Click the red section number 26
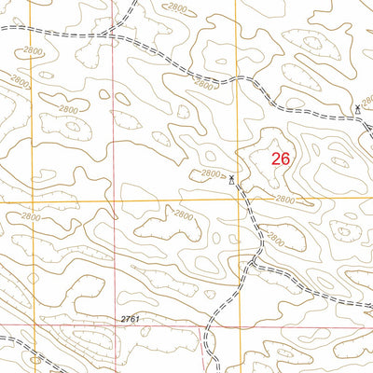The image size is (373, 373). (x=280, y=159)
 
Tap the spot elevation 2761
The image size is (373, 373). (x=130, y=319)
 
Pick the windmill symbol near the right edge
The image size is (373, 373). (x=357, y=110)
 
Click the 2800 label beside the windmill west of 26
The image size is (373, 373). (x=212, y=173)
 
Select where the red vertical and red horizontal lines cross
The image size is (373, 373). (x=115, y=325)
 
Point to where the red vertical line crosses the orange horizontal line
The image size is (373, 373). (x=115, y=200)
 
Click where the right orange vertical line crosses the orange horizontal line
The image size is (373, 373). (x=235, y=200)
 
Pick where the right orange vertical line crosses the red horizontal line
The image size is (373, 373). (x=236, y=325)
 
